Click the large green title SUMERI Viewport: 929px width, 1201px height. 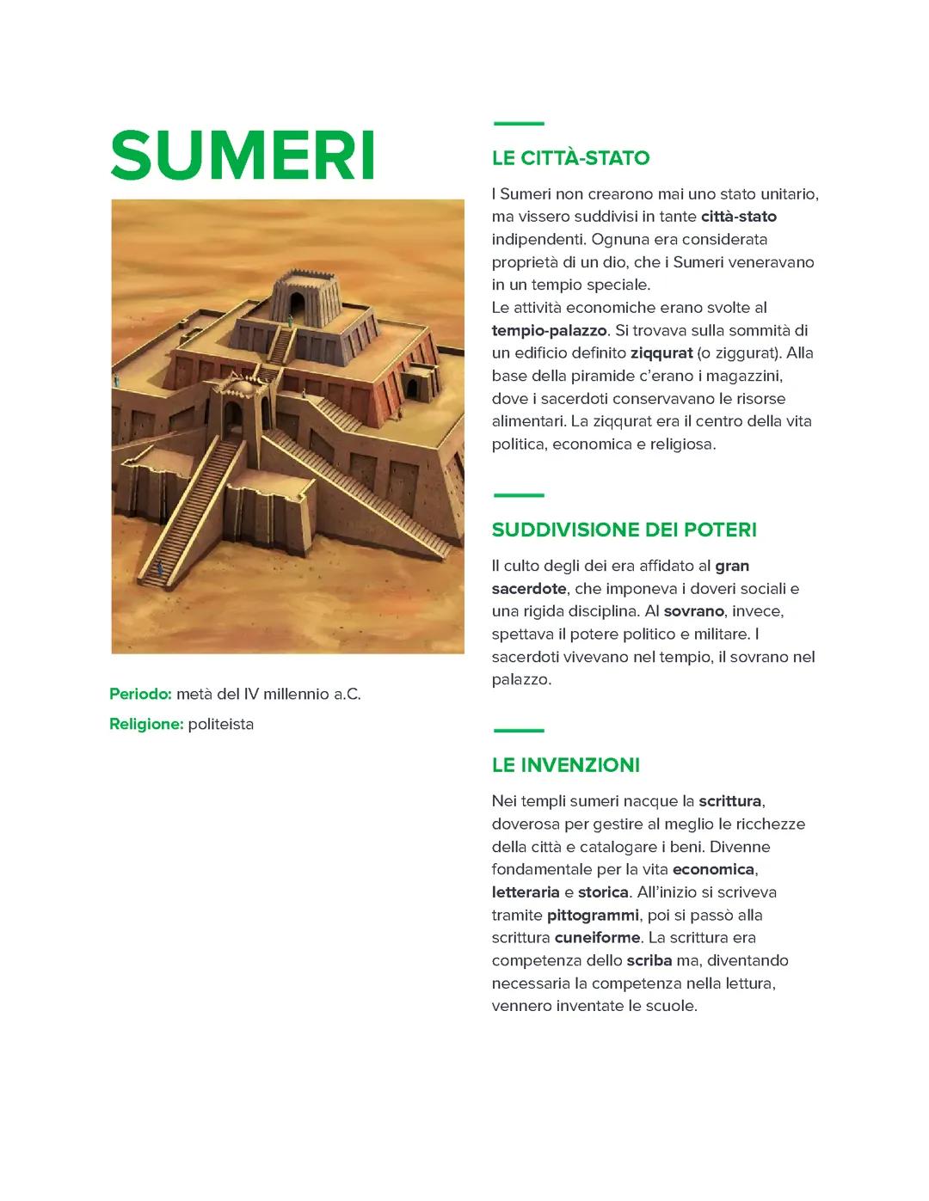tap(243, 156)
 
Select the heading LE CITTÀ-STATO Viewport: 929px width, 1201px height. tap(570, 158)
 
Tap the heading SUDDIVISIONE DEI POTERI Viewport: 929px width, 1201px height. tap(624, 530)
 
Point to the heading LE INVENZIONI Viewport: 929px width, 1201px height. tap(565, 765)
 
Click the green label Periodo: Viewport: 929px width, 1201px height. tap(140, 694)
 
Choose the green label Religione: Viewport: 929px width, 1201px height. tap(146, 724)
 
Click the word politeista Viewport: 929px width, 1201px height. tap(221, 724)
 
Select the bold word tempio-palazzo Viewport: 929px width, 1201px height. tap(549, 330)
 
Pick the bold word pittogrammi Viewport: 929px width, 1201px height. tap(593, 915)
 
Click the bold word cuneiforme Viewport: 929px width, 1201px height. tap(597, 937)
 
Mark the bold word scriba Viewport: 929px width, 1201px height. tap(649, 960)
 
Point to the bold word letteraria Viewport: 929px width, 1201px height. tap(526, 892)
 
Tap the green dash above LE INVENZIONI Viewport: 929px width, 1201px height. tap(518, 731)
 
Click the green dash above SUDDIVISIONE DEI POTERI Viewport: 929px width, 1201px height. tap(518, 495)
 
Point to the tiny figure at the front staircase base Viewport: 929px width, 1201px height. tap(158, 567)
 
